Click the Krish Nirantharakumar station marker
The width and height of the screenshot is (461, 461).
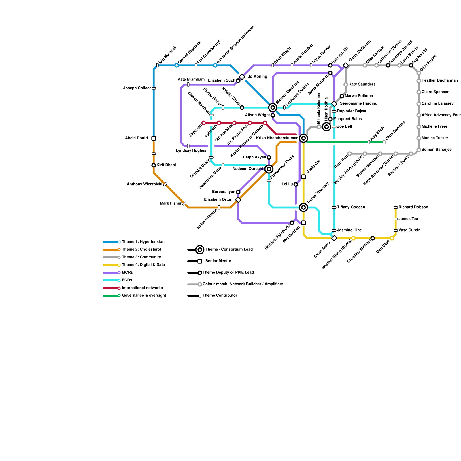point(303,138)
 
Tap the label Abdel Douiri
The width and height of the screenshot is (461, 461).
point(136,138)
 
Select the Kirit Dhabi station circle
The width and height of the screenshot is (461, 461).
point(154,165)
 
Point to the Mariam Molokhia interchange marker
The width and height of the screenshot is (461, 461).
point(273,108)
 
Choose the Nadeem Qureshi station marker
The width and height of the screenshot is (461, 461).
point(269,169)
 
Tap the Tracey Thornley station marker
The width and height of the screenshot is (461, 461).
point(303,207)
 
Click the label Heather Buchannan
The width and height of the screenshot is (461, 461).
point(439,81)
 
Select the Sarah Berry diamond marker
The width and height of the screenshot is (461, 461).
point(334,238)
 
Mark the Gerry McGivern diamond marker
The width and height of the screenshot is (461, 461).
point(346,65)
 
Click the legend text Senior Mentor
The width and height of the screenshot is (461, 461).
point(218,261)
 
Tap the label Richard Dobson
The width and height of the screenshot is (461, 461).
point(413,207)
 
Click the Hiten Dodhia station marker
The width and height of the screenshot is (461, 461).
point(326,127)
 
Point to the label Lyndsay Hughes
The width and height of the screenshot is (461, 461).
point(191,151)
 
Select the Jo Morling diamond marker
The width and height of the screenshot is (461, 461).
point(242,77)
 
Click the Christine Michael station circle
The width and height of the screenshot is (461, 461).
point(373,238)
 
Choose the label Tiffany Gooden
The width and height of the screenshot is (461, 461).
point(351,207)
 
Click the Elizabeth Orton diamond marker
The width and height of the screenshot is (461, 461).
point(238,200)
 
